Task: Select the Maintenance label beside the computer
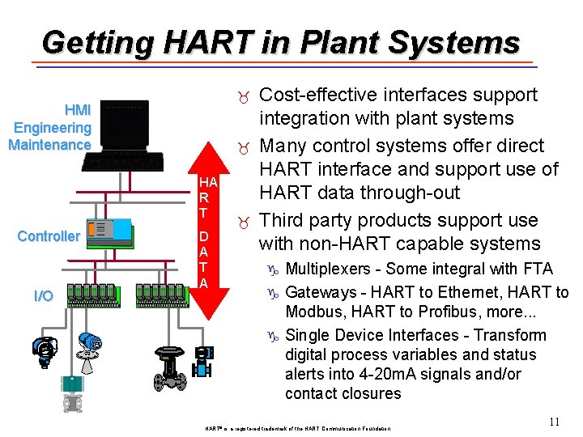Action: coord(49,145)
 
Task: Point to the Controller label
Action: coord(49,236)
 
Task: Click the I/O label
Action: coord(44,295)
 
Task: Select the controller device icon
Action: coord(109,231)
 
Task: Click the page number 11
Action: coord(554,421)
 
